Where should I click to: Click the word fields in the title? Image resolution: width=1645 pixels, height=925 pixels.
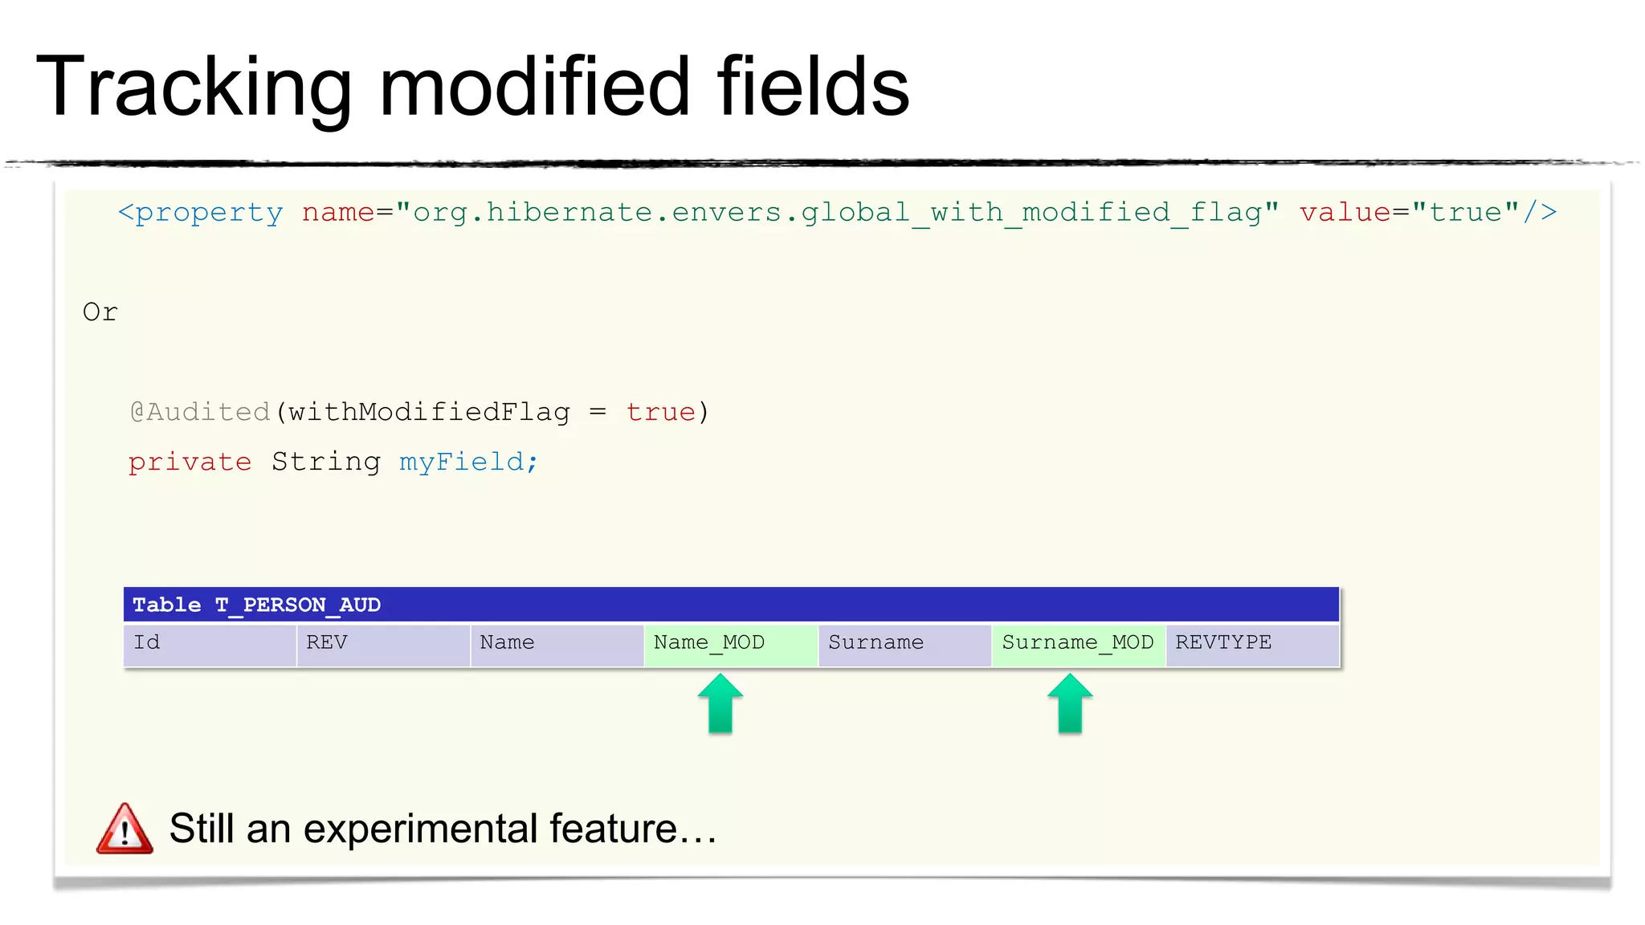[x=812, y=87]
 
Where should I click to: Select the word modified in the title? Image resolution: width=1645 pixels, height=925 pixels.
[x=534, y=87]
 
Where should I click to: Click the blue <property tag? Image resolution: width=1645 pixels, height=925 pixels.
[x=201, y=213]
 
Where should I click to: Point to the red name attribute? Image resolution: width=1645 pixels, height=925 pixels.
[x=337, y=213]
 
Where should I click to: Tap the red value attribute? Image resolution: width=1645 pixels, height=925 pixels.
[x=1345, y=213]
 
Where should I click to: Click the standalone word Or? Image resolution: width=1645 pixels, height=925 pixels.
[x=100, y=312]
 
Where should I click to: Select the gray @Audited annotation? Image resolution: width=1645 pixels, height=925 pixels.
[x=200, y=412]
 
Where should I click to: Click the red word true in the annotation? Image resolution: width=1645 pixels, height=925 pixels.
[x=660, y=412]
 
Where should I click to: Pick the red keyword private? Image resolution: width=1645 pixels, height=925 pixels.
[x=190, y=462]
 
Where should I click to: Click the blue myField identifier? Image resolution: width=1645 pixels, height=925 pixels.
[x=467, y=462]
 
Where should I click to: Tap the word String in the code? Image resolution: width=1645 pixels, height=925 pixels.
[x=325, y=462]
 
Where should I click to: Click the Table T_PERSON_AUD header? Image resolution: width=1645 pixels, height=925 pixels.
[x=257, y=605]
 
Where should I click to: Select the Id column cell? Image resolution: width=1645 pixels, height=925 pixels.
[x=209, y=643]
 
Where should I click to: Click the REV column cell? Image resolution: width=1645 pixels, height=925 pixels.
[x=382, y=643]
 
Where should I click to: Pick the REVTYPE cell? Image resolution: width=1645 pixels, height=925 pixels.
[x=1251, y=643]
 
